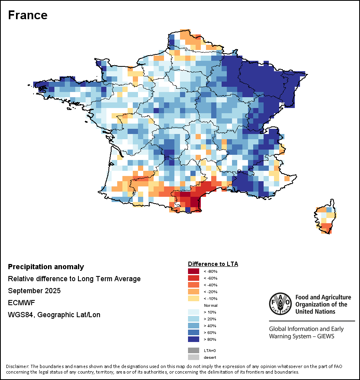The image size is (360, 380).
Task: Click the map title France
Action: pyautogui.click(x=28, y=15)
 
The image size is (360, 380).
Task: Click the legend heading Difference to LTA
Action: pyautogui.click(x=213, y=264)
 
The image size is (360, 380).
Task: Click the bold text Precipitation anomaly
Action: pyautogui.click(x=46, y=267)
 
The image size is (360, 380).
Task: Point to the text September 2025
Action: pyautogui.click(x=34, y=291)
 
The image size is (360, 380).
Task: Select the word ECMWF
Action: pyautogui.click(x=20, y=303)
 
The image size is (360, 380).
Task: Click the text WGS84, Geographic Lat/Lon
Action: pyautogui.click(x=54, y=315)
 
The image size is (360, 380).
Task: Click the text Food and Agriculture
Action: pyautogui.click(x=323, y=297)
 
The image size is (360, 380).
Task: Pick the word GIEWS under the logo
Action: pyautogui.click(x=324, y=336)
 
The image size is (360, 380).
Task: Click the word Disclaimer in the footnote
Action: pyautogui.click(x=18, y=366)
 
